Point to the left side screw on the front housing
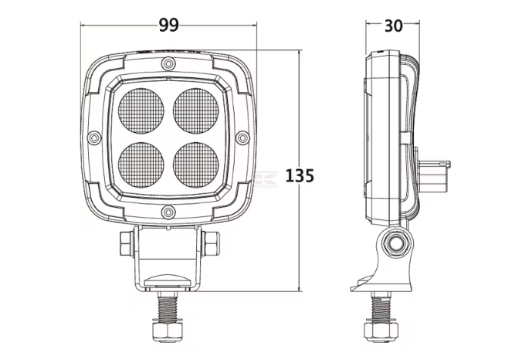94,137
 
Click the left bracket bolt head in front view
127,245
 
